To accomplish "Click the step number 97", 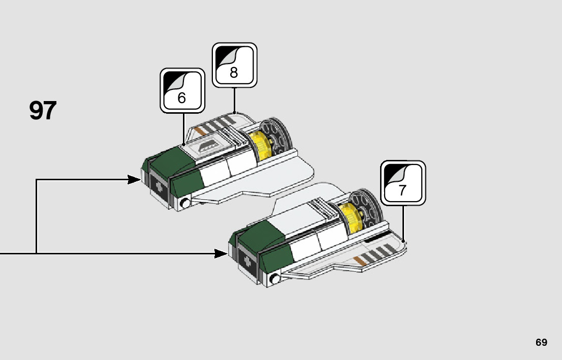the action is (x=43, y=111).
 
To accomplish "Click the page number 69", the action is (x=541, y=342).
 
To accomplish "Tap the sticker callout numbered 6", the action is (x=182, y=90).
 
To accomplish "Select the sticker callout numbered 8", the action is (x=234, y=65).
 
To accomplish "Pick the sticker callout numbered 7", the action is (x=403, y=183).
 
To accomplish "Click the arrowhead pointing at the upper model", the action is (x=135, y=179).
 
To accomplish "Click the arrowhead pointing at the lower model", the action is (x=222, y=253).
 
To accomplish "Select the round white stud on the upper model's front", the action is (x=186, y=204).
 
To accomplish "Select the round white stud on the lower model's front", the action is (x=275, y=278).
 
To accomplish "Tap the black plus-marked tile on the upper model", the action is (x=160, y=185).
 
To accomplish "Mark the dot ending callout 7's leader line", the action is (x=403, y=240).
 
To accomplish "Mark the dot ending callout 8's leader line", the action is (x=234, y=112).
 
